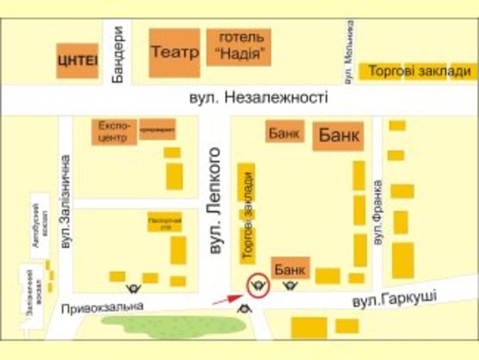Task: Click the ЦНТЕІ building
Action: tap(77, 60)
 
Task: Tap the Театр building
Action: tap(174, 53)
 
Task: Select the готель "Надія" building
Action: tap(239, 46)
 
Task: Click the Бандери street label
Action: tap(120, 53)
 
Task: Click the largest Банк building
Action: tap(340, 136)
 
